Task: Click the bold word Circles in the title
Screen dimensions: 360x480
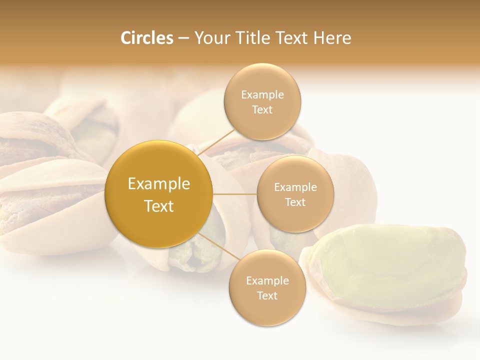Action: [x=146, y=38]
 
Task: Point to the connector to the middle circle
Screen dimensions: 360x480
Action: [x=234, y=194]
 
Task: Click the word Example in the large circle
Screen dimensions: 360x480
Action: [x=159, y=184]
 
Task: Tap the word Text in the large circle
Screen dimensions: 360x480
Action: [x=159, y=206]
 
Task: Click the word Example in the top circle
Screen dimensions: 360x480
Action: [x=262, y=94]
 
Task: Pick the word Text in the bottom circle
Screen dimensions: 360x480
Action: [x=267, y=295]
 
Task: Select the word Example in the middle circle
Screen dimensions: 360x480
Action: [x=295, y=187]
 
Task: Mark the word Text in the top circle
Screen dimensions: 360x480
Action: [x=262, y=109]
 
